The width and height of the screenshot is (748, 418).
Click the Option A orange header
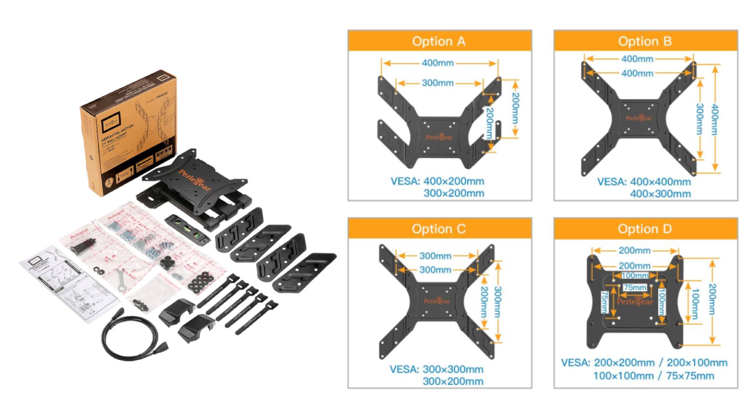tap(439, 41)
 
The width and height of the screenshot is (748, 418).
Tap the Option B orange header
tap(645, 41)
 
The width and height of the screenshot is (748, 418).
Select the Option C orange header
tap(439, 228)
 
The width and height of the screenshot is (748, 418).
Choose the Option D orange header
tap(645, 228)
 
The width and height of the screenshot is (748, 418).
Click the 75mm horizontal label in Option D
tap(635, 287)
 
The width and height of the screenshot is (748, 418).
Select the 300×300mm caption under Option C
tap(453, 369)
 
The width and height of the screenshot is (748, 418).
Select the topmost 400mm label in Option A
tap(438, 63)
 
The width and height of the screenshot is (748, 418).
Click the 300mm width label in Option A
tap(438, 83)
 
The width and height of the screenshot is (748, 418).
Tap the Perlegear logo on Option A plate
tap(439, 137)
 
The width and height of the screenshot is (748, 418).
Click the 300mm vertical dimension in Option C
tap(497, 302)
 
